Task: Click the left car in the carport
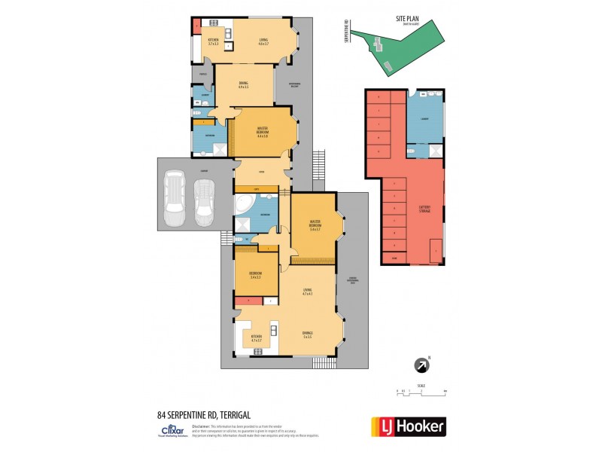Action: (173, 199)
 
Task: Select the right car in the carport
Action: (203, 203)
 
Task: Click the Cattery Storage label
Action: (419, 209)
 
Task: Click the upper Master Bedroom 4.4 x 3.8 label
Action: (263, 133)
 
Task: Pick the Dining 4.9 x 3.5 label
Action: (244, 85)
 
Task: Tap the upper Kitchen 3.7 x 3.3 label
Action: (213, 42)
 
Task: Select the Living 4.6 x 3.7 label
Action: (263, 42)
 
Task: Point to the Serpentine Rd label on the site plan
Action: (347, 34)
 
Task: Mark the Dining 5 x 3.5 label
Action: (307, 334)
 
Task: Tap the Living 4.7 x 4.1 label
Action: (307, 294)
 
